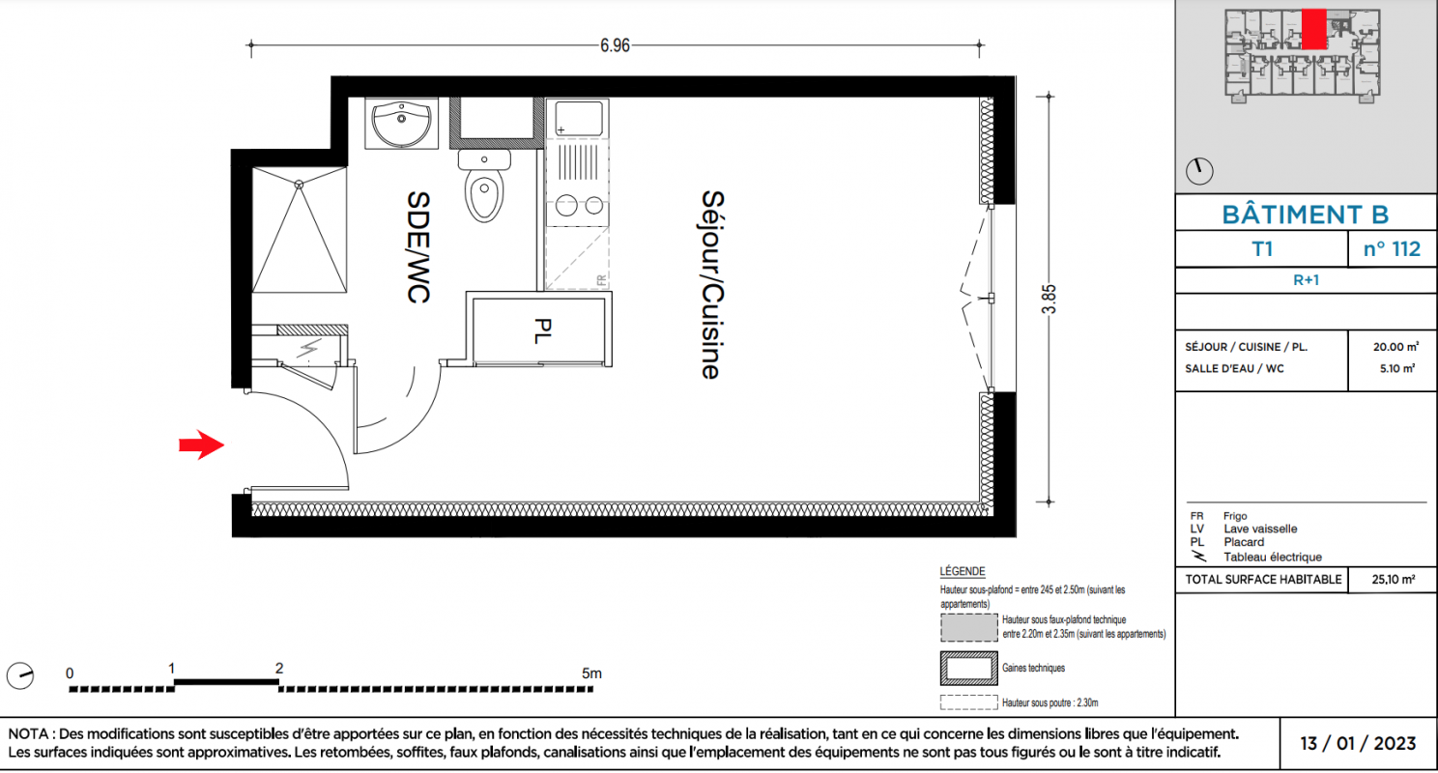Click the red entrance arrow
click(202, 444)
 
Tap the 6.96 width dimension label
click(615, 45)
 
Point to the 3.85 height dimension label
click(1049, 300)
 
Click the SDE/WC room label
click(417, 247)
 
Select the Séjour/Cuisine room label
click(712, 284)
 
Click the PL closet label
click(542, 331)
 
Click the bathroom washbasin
click(402, 124)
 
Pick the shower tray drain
click(299, 185)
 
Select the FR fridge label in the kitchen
click(601, 280)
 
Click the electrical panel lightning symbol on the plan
click(309, 349)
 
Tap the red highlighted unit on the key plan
click(1314, 29)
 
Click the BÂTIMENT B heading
click(1305, 215)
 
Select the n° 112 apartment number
click(1392, 249)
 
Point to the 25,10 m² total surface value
click(1394, 579)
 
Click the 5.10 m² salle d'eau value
click(1397, 368)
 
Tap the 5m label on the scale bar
click(591, 673)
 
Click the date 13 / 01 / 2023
click(1358, 743)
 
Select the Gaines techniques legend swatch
click(968, 669)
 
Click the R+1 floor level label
click(1306, 280)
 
